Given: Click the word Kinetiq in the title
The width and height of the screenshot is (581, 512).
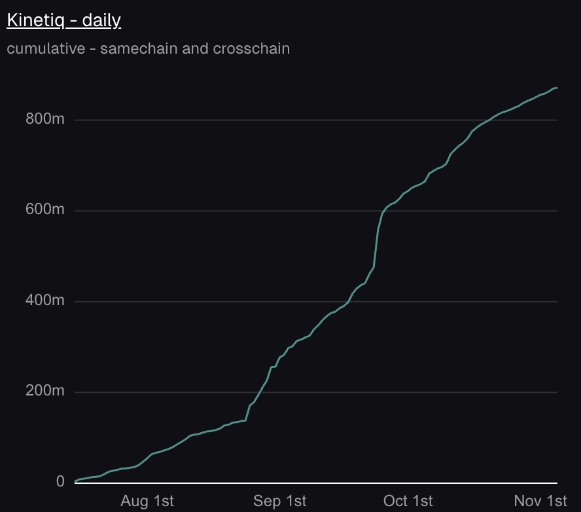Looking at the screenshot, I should (x=37, y=20).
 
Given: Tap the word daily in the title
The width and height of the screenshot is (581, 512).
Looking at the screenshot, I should (x=101, y=20).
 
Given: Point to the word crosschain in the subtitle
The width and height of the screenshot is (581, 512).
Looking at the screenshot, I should (x=251, y=48).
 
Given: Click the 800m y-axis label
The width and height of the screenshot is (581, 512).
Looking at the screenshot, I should (x=44, y=120).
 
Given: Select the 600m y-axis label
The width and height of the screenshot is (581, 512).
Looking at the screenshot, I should (x=44, y=211).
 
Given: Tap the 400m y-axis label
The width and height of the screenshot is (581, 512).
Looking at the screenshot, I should (x=44, y=301).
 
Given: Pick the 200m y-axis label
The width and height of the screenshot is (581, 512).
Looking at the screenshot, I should (x=44, y=392).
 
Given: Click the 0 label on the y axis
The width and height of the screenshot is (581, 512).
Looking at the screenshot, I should (x=61, y=482).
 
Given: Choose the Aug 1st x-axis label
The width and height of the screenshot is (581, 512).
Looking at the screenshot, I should (x=148, y=502).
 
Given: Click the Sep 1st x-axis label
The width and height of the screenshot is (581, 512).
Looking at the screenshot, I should (x=279, y=502).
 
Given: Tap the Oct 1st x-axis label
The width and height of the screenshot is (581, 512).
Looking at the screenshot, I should (x=408, y=502).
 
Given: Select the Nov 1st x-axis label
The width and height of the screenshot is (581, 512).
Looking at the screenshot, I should (x=540, y=502).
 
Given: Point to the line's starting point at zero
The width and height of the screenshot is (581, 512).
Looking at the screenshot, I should (x=75, y=481).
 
